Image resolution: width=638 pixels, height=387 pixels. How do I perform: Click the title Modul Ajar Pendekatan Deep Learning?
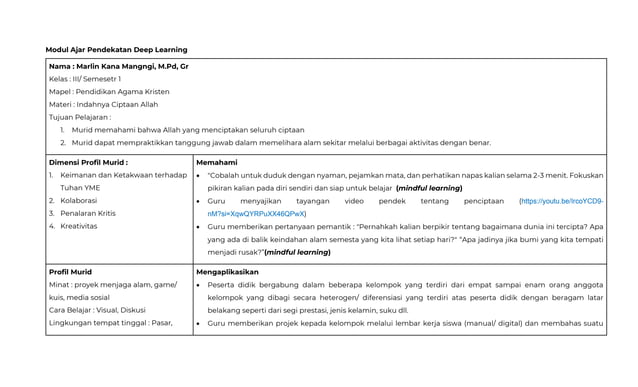[116, 49]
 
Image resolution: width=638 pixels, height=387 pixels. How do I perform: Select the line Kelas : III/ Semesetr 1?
[85, 79]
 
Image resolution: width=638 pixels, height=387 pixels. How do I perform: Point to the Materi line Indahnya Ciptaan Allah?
[103, 105]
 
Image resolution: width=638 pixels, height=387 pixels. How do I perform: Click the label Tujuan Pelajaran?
[79, 117]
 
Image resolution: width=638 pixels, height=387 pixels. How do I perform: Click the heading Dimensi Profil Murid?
[88, 161]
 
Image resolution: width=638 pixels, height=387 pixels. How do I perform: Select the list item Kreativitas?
[79, 226]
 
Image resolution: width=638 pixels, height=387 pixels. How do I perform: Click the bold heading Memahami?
[217, 161]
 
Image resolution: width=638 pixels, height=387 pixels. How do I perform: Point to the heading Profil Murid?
[70, 271]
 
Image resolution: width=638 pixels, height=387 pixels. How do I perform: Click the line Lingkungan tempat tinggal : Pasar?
[109, 322]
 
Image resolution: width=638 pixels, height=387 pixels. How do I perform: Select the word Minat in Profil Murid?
[58, 285]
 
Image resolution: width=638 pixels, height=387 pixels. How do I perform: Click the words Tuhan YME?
[80, 187]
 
